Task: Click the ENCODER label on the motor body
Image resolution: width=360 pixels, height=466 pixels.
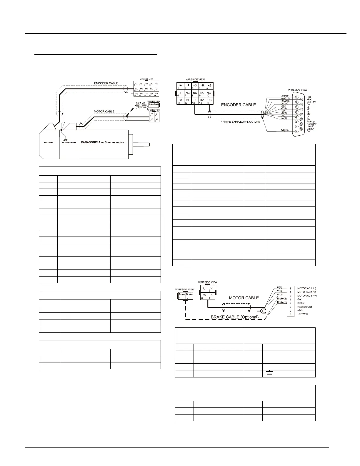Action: [x=49, y=143]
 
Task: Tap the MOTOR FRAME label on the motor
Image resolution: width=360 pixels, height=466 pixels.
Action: [x=69, y=143]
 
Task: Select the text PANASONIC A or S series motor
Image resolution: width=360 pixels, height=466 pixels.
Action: [x=103, y=142]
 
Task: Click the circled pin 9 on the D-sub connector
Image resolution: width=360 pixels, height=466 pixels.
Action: [x=301, y=100]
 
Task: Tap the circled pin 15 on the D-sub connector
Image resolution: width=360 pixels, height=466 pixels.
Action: [x=301, y=129]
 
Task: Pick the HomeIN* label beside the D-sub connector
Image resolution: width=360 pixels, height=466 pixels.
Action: [x=312, y=124]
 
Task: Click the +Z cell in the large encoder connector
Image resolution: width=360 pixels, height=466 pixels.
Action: [x=209, y=86]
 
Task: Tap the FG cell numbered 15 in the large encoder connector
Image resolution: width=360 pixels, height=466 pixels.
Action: [x=209, y=101]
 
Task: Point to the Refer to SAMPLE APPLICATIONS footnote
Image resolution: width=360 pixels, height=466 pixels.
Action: [x=240, y=122]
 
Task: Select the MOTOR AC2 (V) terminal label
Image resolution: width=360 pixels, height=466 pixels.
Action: [x=307, y=292]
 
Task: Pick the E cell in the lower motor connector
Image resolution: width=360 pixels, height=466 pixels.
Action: [x=211, y=296]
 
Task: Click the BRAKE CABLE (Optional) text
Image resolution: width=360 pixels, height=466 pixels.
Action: [x=234, y=317]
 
